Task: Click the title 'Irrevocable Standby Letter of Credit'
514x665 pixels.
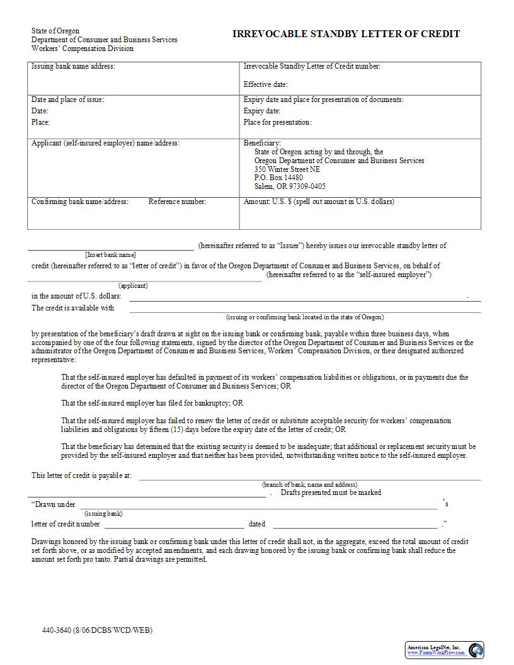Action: tap(346, 34)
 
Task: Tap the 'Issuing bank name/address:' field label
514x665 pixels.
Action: tap(73, 66)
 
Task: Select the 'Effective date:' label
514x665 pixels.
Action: tap(265, 84)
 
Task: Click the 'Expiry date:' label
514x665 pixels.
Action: tap(262, 111)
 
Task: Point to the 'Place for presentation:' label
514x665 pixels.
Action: tap(277, 122)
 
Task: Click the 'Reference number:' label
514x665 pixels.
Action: tap(177, 202)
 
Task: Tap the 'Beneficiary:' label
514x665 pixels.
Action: tap(262, 143)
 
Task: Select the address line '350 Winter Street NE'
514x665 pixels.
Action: tap(287, 169)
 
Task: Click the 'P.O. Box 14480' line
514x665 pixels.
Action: tap(278, 178)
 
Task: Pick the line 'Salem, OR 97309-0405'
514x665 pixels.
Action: tap(290, 186)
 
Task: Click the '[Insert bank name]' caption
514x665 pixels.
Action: tap(110, 254)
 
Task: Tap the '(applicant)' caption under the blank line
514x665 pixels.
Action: tap(133, 285)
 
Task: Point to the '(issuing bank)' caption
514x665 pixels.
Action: tap(103, 513)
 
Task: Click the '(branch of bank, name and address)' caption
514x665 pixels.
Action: tap(309, 484)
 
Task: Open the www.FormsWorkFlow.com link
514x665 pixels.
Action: tap(435, 652)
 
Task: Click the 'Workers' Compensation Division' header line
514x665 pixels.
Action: tap(83, 48)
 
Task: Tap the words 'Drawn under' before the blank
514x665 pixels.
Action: tap(55, 504)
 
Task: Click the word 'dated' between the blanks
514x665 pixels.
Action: tap(257, 524)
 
